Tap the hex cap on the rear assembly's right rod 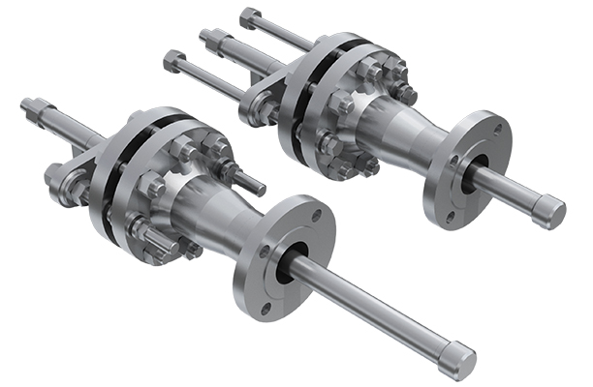coord(549,210)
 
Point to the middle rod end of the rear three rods coord(207,38)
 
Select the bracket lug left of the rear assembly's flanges coord(261,101)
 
